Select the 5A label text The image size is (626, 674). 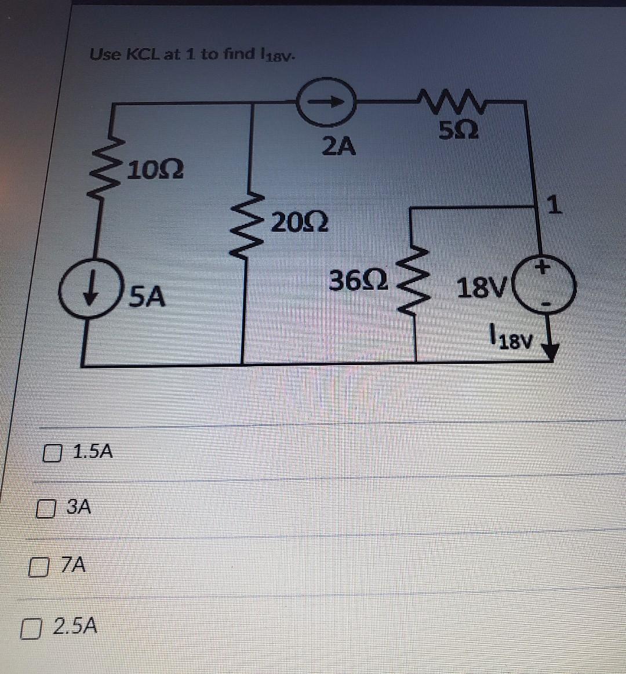tap(147, 297)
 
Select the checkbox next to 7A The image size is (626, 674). tap(38, 565)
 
